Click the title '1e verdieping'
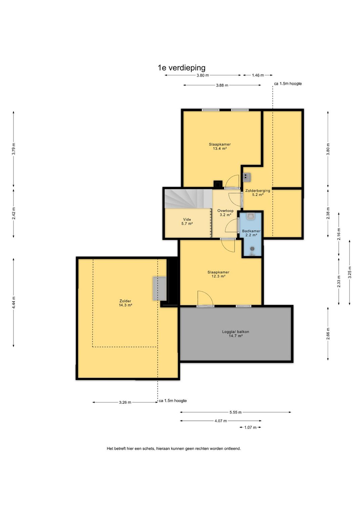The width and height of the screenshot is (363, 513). coord(182,68)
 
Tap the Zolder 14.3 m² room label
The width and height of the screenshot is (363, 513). coord(125,303)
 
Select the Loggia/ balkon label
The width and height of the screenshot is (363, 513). coord(235,334)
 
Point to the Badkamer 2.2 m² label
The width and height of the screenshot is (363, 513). coord(251,233)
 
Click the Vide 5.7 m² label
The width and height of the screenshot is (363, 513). coord(187,222)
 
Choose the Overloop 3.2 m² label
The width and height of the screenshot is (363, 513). coord(225,213)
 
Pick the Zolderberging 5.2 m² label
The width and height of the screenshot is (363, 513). coord(258,193)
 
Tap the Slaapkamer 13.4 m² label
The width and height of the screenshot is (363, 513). coord(219,146)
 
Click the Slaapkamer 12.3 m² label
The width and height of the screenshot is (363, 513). coord(218,274)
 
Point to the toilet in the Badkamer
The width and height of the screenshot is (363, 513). coord(251,216)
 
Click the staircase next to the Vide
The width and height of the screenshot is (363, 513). coord(188,198)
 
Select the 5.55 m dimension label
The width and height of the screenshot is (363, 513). coord(235,412)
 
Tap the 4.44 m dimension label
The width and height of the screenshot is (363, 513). coord(13,303)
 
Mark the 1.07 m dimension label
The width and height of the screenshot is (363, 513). coord(250,427)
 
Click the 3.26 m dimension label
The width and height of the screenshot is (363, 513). coord(125,402)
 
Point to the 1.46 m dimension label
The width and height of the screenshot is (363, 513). coord(258,75)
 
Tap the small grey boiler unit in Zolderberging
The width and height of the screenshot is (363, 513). coord(246,177)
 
